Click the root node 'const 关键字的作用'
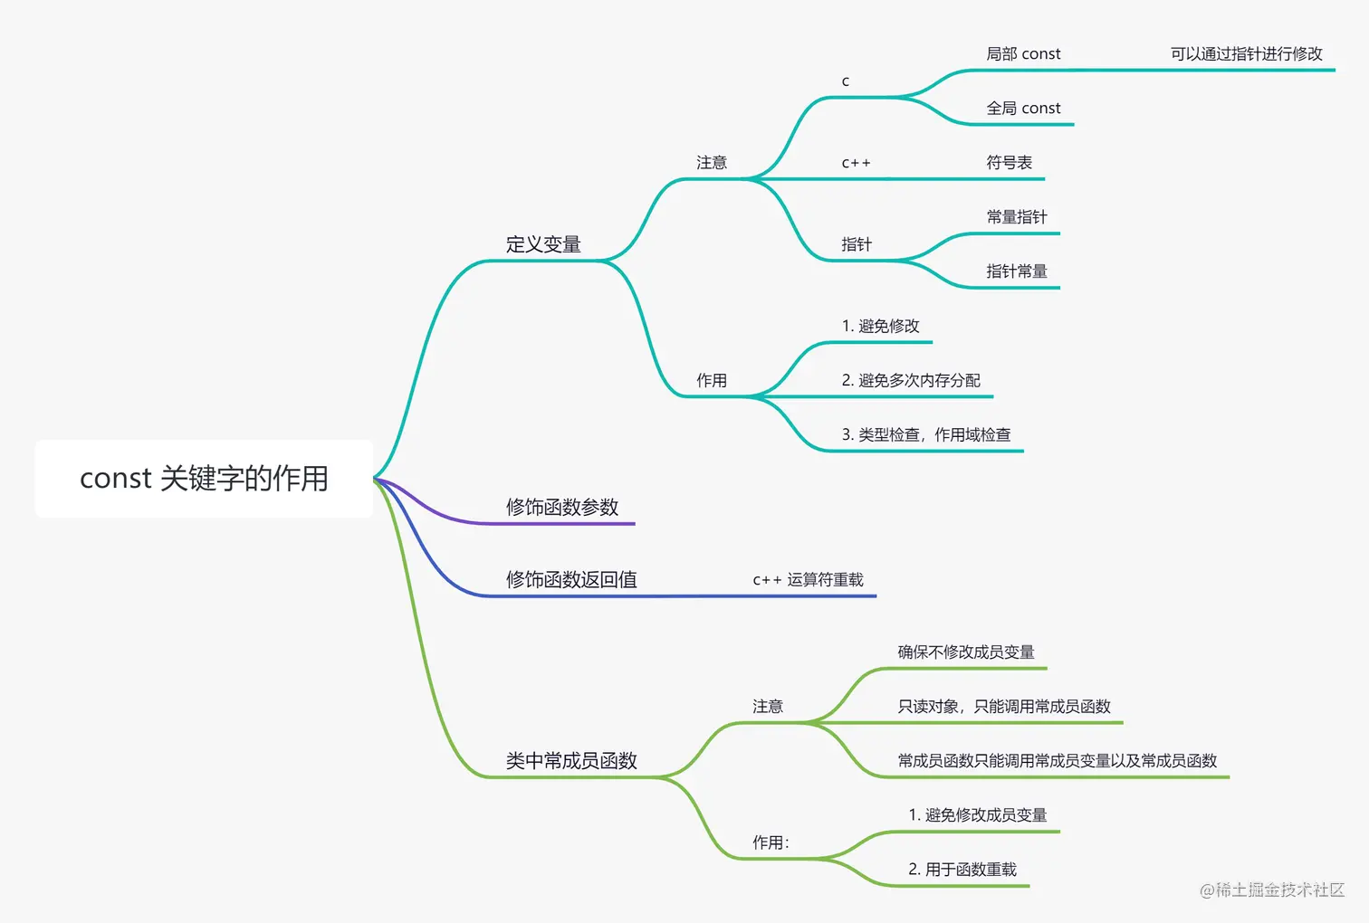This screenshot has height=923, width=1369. coord(204,479)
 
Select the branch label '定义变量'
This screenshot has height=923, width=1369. coord(543,244)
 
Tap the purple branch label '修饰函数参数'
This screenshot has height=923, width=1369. coord(562,507)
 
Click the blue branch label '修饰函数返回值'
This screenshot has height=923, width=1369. coord(571,579)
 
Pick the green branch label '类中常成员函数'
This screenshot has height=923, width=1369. coord(571,761)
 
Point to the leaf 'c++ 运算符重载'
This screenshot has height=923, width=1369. coord(808,579)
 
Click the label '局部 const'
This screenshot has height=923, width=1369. coord(1023,54)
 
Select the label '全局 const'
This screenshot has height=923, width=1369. coord(1023,109)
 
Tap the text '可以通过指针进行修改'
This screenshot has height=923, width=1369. coord(1246,54)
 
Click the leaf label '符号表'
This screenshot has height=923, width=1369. coord(1009,163)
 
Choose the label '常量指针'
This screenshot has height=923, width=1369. coord(1016,217)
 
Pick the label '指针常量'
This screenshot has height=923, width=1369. coord(1016,271)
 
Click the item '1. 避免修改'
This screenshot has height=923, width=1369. coord(880,326)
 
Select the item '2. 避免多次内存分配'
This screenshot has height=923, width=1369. coord(911,380)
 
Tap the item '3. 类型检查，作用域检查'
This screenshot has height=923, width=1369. coord(925,434)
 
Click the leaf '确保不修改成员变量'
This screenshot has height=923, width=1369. coord(965,652)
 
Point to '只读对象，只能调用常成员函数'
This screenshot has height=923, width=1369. coord(1003,707)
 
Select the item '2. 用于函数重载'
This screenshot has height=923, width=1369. coord(962,870)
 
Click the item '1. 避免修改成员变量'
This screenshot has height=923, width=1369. coord(977,815)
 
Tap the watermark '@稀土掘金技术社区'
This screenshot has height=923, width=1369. coord(1271,890)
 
